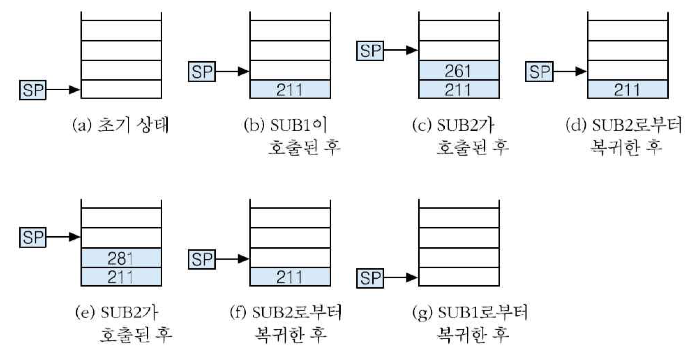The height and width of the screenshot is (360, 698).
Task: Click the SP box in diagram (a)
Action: point(33,90)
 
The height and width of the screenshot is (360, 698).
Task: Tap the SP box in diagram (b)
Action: point(202,71)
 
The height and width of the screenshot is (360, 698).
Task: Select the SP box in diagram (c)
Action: point(371,50)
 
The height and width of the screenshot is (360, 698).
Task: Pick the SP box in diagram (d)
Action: point(540,71)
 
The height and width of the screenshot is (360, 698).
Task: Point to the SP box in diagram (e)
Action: point(33,237)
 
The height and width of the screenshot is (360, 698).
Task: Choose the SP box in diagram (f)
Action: point(202,258)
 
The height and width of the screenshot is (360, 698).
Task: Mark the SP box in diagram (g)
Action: point(371,278)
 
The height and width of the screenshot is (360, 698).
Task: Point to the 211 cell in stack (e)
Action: point(121,277)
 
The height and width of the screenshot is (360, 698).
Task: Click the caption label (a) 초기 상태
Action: point(120,126)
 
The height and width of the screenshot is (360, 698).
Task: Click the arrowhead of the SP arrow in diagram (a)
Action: point(75,90)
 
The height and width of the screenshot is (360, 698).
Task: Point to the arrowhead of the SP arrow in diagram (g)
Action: point(413,278)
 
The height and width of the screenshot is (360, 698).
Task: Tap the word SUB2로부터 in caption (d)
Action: point(638,126)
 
